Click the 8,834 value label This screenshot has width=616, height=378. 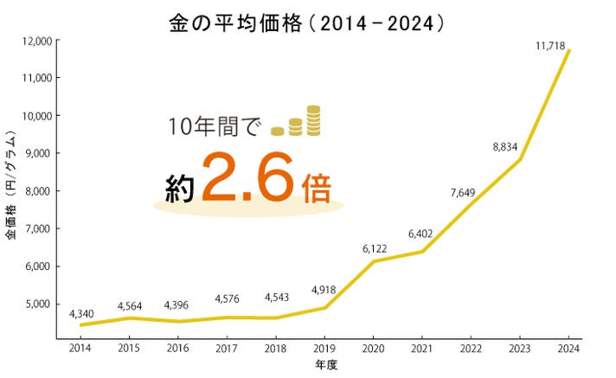click(x=504, y=147)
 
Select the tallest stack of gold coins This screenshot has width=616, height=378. click(x=313, y=121)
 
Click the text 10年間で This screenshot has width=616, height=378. click(x=213, y=126)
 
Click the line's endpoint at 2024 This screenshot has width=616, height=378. click(x=568, y=50)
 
